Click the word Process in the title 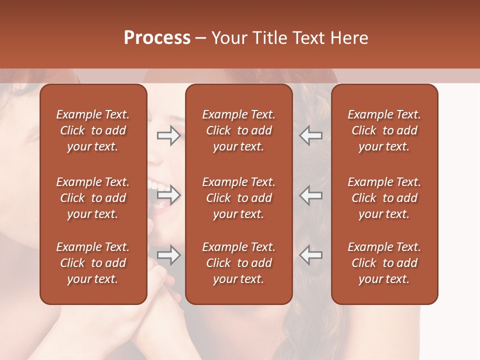[x=157, y=38]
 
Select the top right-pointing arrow [x=168, y=135]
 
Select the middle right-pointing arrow [x=168, y=195]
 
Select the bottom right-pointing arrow [x=168, y=255]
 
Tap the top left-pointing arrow [x=310, y=135]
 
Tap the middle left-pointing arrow [x=310, y=195]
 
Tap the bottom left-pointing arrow [x=310, y=255]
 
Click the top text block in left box [x=93, y=130]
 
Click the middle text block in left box [x=93, y=198]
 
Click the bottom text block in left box [x=93, y=263]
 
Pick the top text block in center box [x=238, y=130]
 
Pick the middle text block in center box [x=238, y=198]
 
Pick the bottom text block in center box [x=238, y=263]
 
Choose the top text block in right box [x=384, y=130]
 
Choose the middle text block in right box [x=384, y=198]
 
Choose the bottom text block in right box [x=384, y=263]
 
